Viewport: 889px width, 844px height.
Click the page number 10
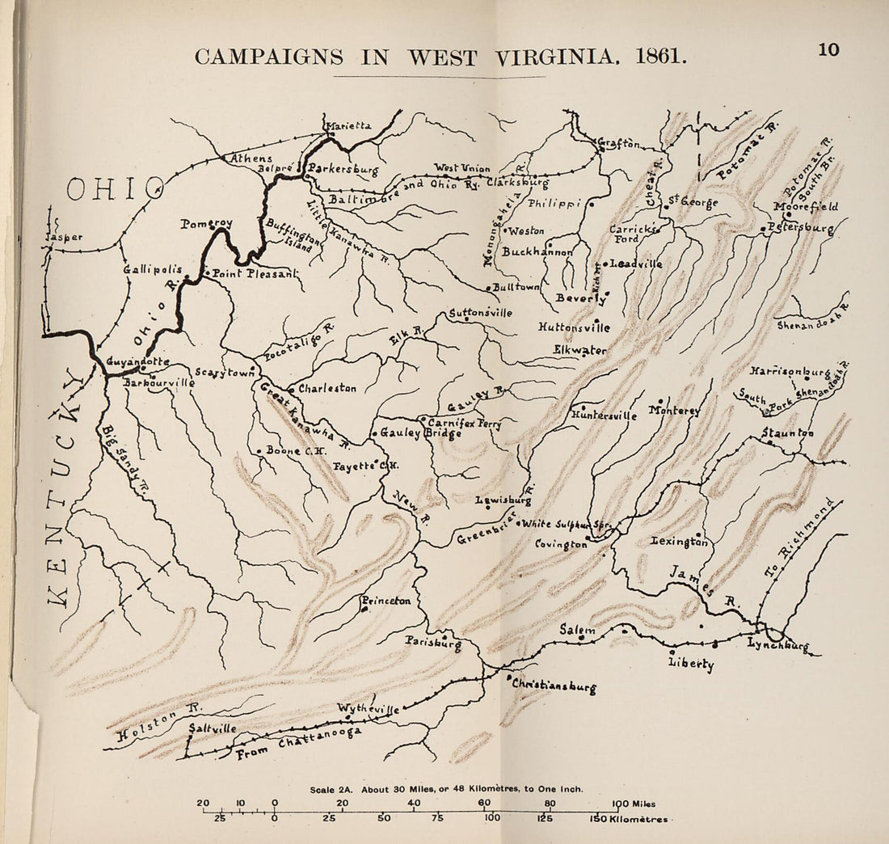[x=828, y=49]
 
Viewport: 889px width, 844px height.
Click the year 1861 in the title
[x=660, y=57]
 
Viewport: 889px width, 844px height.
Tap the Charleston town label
[x=327, y=389]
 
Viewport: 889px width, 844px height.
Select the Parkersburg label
[x=343, y=171]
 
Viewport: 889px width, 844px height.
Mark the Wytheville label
[x=369, y=709]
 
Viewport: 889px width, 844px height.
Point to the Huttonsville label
[x=574, y=328]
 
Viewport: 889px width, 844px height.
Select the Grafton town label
[x=621, y=145]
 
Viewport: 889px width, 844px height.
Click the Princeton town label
[x=387, y=601]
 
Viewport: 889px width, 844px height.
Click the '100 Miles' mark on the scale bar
[x=634, y=804]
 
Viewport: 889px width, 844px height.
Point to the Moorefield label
[x=807, y=207]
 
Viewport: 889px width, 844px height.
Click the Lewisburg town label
[x=503, y=500]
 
